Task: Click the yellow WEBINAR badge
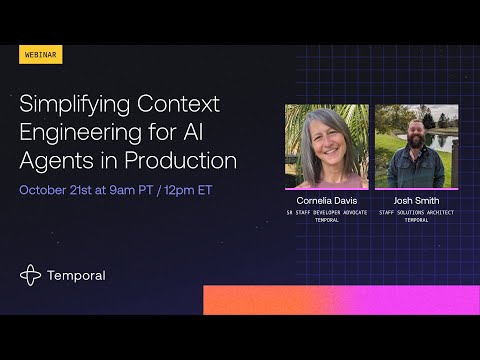pos(41,55)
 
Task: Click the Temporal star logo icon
pos(31,275)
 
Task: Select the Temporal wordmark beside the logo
pos(77,275)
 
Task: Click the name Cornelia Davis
pos(326,200)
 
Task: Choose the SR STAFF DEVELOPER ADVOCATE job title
pos(326,212)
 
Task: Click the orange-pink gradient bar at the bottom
pos(340,299)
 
